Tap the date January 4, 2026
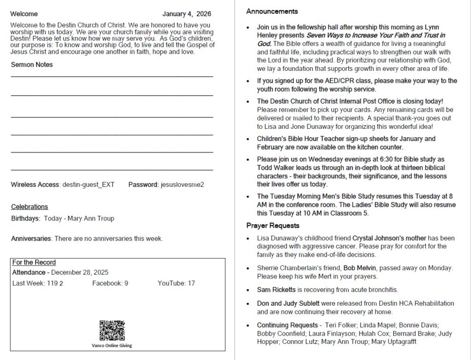pyautogui.click(x=187, y=14)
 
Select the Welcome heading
pyautogui.click(x=24, y=14)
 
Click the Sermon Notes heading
pyautogui.click(x=32, y=65)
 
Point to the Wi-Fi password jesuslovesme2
pyautogui.click(x=182, y=185)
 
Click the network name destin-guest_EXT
pyautogui.click(x=88, y=185)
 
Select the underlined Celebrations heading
pyautogui.click(x=29, y=207)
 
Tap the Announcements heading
pyautogui.click(x=272, y=12)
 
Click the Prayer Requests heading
pyautogui.click(x=273, y=226)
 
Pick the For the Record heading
pyautogui.click(x=34, y=262)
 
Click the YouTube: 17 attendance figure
pyautogui.click(x=176, y=283)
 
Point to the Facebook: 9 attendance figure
pyautogui.click(x=110, y=283)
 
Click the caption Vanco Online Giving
pyautogui.click(x=112, y=345)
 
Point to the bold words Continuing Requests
pyautogui.click(x=287, y=325)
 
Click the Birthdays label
pyautogui.click(x=25, y=218)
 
